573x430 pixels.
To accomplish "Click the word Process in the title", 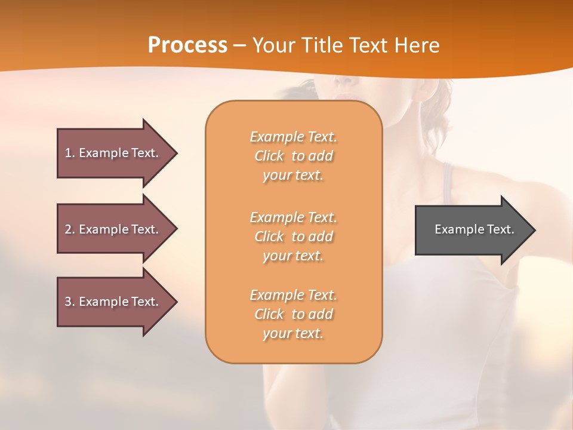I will (187, 45).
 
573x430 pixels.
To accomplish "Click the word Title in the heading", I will (319, 45).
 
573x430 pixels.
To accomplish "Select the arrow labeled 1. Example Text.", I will (113, 153).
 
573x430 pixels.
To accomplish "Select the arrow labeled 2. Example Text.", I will (113, 229).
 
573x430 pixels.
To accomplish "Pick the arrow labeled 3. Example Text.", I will (113, 302).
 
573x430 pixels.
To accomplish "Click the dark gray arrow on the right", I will (472, 229).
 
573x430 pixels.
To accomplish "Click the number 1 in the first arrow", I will (68, 153).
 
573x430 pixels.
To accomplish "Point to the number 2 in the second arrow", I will (68, 229).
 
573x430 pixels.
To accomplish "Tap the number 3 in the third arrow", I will (68, 302).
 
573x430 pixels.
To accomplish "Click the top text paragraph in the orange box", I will (293, 156).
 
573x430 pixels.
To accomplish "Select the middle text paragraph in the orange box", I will (293, 236).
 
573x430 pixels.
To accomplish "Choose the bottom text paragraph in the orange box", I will (293, 314).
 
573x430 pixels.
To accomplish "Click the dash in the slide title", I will (240, 45).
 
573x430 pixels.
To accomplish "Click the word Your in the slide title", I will (272, 45).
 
